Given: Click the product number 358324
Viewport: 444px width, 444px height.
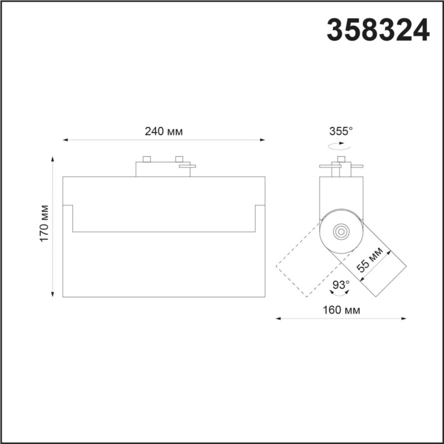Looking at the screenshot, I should (378, 30).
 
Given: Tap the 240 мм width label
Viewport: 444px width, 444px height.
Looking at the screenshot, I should (164, 132).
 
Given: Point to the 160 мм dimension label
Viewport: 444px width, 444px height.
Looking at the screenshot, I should (341, 310).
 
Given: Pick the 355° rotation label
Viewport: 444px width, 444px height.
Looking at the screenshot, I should (341, 131).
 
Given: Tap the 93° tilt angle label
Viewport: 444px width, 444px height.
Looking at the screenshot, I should (341, 284).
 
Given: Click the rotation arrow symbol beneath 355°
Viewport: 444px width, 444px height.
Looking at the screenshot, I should (341, 145).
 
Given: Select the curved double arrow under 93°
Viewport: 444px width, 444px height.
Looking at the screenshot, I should (341, 294).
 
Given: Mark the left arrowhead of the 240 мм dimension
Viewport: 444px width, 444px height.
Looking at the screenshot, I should (65, 140).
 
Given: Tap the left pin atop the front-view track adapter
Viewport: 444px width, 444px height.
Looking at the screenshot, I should (147, 158).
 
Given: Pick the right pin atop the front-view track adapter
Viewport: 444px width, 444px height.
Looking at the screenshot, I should (179, 158).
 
